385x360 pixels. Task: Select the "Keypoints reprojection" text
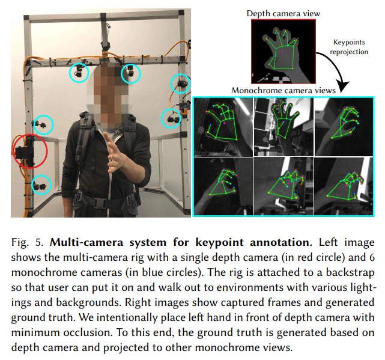349,47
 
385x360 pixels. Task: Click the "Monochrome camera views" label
283,90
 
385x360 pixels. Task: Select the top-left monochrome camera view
223,126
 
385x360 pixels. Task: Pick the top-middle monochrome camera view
283,126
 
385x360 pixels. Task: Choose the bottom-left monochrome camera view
223,184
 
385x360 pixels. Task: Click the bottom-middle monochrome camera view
283,184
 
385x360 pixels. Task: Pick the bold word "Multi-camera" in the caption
80,243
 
